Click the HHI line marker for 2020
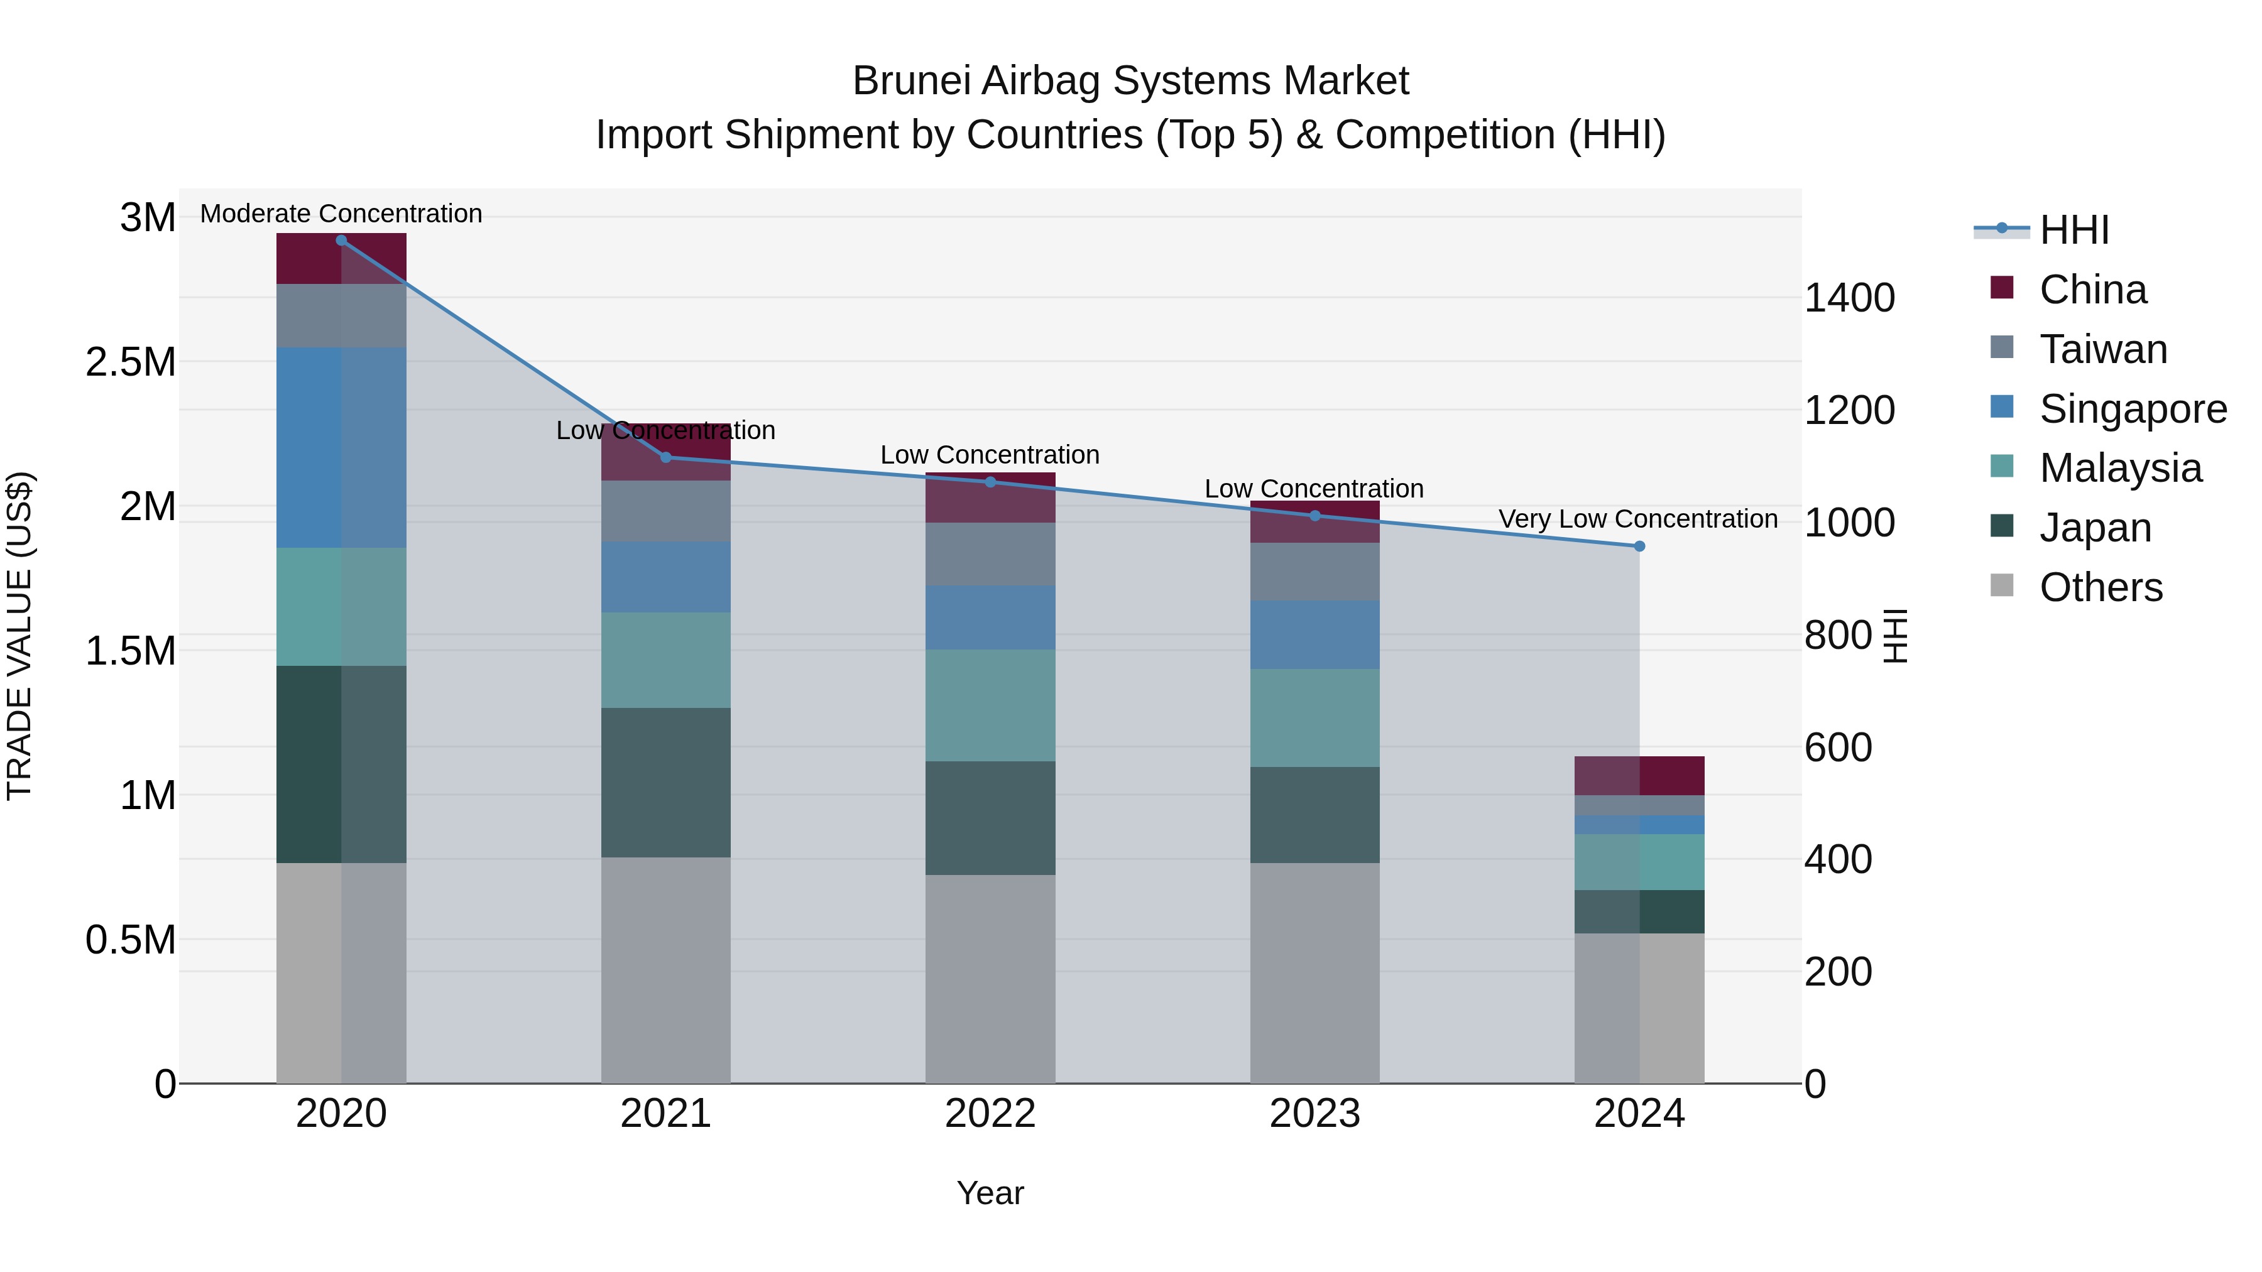(x=342, y=241)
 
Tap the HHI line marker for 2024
(x=1639, y=546)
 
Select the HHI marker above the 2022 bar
(x=990, y=482)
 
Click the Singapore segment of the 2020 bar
(x=342, y=448)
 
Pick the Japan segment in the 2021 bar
(x=665, y=782)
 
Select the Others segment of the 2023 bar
(x=1314, y=972)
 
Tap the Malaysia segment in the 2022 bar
(x=990, y=705)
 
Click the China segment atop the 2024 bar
(x=1639, y=775)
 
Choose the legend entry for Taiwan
(x=2102, y=349)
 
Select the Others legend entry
(x=2101, y=587)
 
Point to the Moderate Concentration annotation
(x=342, y=214)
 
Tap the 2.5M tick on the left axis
(x=131, y=362)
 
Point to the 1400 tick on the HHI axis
(x=1849, y=298)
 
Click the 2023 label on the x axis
(x=1314, y=1114)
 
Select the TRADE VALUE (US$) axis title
(x=19, y=636)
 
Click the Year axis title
(x=990, y=1193)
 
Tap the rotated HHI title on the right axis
(x=1895, y=636)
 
